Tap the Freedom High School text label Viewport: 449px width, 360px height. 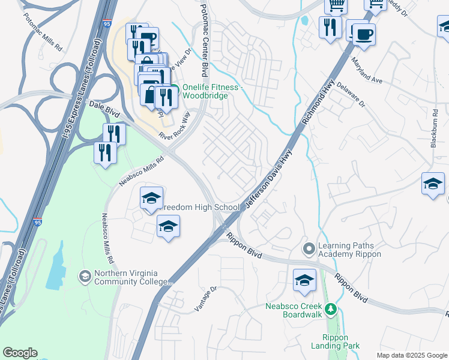202,208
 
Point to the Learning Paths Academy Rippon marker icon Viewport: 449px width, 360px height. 309,248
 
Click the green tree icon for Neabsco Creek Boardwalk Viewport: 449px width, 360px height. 330,310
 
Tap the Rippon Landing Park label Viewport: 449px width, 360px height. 336,341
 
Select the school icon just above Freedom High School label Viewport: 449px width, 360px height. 152,198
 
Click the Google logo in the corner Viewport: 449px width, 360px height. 20,353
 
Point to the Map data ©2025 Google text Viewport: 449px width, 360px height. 412,355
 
